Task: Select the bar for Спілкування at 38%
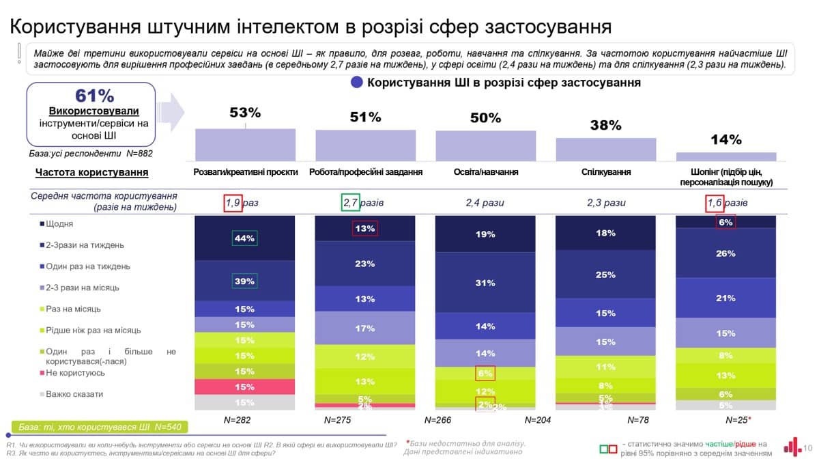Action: click(x=605, y=149)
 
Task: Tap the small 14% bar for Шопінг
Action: click(x=725, y=156)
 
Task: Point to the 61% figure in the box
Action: click(x=95, y=96)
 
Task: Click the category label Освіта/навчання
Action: click(x=485, y=172)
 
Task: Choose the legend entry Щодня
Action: click(x=60, y=224)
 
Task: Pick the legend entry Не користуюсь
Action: click(x=75, y=373)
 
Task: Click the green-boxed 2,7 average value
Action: click(x=350, y=203)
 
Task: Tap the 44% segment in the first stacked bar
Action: click(x=244, y=238)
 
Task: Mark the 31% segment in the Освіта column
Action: click(x=485, y=283)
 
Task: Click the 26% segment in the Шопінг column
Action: click(x=725, y=253)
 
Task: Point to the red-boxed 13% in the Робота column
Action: click(x=365, y=229)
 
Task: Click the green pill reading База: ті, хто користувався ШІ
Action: click(x=98, y=428)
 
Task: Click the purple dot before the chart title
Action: click(x=356, y=83)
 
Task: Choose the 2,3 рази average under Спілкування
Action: click(x=606, y=203)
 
